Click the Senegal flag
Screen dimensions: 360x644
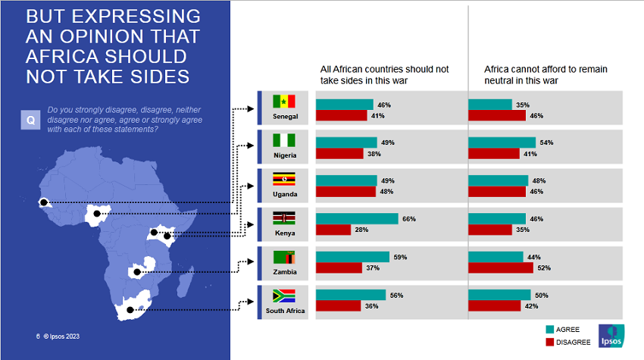pos(284,102)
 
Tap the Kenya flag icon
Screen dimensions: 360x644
pos(284,218)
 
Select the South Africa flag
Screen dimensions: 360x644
pos(284,295)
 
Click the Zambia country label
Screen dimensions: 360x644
pos(284,271)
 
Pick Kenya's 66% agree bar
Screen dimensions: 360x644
pos(357,218)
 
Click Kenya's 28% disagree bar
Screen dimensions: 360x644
pos(333,230)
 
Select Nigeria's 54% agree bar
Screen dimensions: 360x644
pos(503,142)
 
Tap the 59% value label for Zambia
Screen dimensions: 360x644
pos(400,257)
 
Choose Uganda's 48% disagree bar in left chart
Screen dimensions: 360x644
pos(345,192)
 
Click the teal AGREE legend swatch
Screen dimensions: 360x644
pos(550,329)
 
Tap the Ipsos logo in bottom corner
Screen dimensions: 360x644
pos(611,335)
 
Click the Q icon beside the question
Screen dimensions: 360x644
pos(30,119)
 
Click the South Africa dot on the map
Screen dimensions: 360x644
pos(130,310)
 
